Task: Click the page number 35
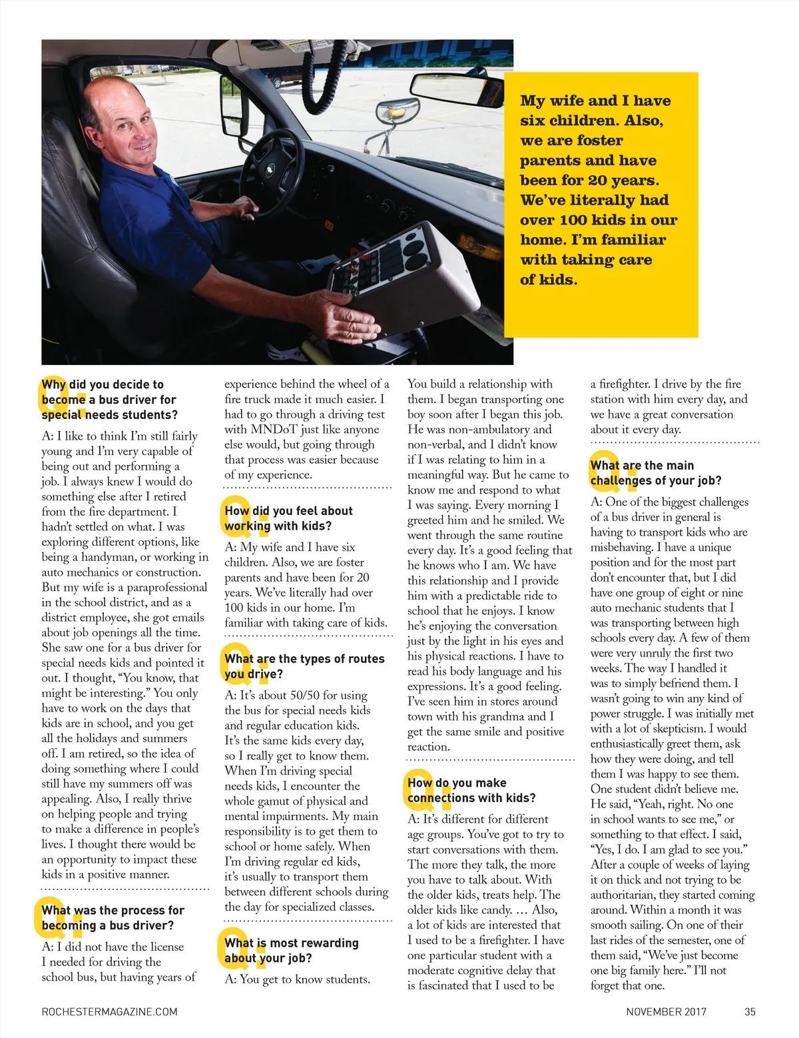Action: (750, 1011)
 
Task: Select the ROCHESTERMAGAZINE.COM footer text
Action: (109, 1011)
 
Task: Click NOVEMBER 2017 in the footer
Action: (666, 1011)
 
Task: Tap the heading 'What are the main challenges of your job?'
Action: (656, 473)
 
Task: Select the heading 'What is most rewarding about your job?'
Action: (292, 951)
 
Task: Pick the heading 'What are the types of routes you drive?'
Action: (304, 666)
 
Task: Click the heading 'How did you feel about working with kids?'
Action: (289, 518)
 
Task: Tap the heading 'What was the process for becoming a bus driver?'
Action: (113, 918)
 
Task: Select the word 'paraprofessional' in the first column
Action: (168, 588)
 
